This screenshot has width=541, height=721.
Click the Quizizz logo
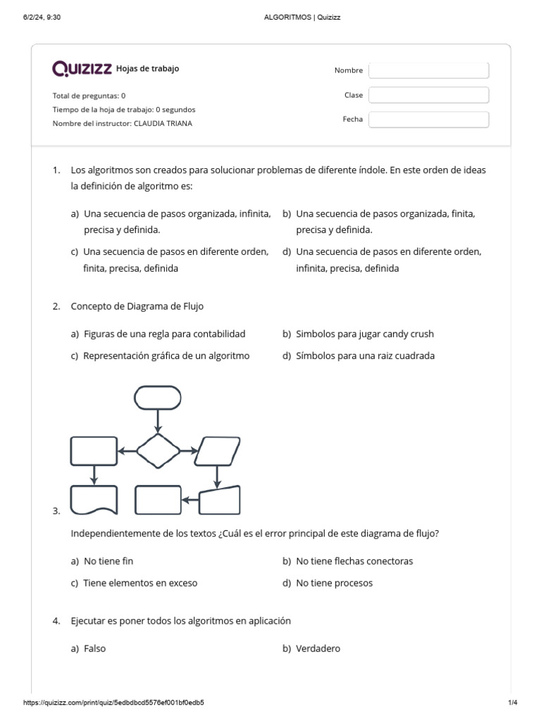[x=82, y=68]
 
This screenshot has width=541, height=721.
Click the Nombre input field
[x=428, y=70]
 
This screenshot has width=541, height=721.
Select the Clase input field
[x=428, y=95]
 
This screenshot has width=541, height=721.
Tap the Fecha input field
[x=428, y=120]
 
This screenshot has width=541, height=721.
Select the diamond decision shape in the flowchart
[x=158, y=451]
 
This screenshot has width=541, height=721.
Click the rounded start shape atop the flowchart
[x=158, y=398]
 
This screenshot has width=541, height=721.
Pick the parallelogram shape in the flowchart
[x=217, y=451]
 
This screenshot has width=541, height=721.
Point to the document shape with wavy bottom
[x=94, y=500]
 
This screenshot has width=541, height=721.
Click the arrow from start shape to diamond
[x=158, y=420]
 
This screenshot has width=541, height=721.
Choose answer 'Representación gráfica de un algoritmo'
[x=166, y=356]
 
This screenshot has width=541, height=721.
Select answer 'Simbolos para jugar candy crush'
[x=365, y=334]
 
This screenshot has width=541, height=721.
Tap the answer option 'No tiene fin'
[x=108, y=561]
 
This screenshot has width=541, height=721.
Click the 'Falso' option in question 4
[x=94, y=648]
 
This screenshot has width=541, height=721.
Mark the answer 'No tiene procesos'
[x=334, y=583]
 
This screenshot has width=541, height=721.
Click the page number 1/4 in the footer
[x=512, y=703]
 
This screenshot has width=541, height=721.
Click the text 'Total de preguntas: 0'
[x=89, y=95]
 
